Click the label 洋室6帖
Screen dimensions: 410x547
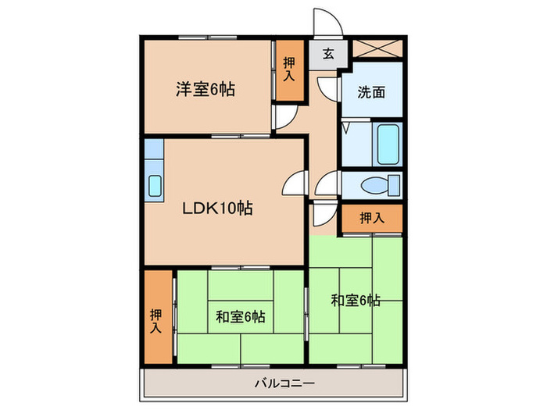pyautogui.click(x=205, y=88)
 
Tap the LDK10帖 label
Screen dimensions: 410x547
pyautogui.click(x=217, y=209)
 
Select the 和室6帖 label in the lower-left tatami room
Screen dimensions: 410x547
pyautogui.click(x=240, y=316)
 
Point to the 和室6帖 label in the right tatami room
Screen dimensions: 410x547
pyautogui.click(x=355, y=300)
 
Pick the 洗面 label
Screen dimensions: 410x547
pyautogui.click(x=371, y=92)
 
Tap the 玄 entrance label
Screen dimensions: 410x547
pyautogui.click(x=328, y=55)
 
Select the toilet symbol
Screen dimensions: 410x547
pyautogui.click(x=381, y=186)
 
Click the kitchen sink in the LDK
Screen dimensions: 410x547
pyautogui.click(x=155, y=186)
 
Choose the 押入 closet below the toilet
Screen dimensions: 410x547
pyautogui.click(x=371, y=218)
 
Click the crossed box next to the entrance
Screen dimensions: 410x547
pyautogui.click(x=377, y=48)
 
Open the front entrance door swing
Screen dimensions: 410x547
pyautogui.click(x=324, y=21)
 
